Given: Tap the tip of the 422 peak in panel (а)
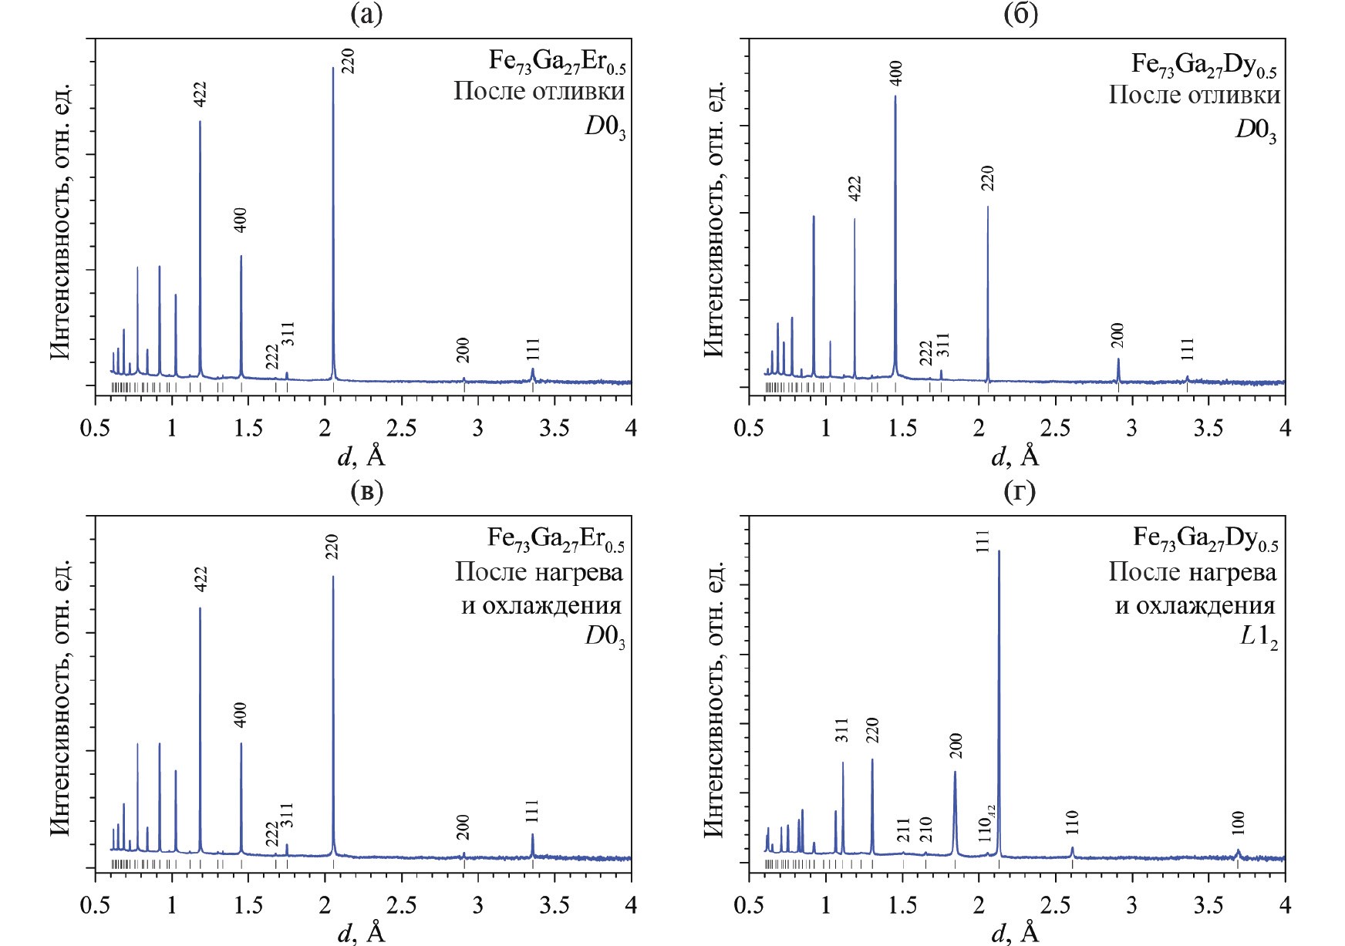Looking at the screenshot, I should [200, 122].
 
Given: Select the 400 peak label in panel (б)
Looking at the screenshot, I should [895, 73].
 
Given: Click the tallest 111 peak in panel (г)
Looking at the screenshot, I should [999, 551].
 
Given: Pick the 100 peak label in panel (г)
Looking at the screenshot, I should [1238, 823].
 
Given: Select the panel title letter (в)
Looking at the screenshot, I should [366, 491].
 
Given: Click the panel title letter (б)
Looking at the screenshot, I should [1021, 14].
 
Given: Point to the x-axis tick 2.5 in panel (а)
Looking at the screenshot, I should [401, 427].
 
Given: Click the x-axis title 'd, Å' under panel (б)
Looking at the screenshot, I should [1015, 456].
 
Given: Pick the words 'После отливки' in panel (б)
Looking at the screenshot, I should [1194, 95].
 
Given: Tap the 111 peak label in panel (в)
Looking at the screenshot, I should [532, 812].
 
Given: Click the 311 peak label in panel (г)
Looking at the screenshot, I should [841, 730].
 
